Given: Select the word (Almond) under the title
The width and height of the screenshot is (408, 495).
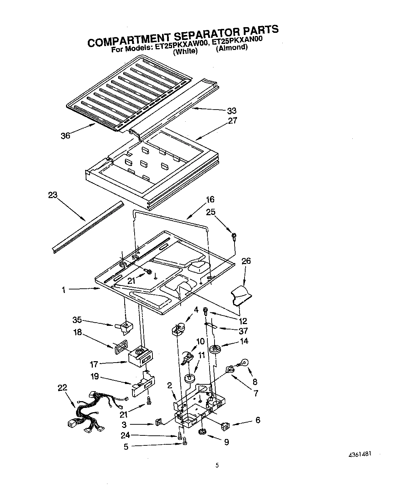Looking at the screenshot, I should coord(232,47).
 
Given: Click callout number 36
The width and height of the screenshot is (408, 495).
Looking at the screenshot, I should coord(65,136).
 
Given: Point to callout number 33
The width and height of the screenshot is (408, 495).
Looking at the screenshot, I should coord(232,111).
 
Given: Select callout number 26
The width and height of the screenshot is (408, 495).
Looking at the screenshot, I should coord(246,261).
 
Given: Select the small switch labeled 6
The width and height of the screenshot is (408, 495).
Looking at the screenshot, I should coord(225,426).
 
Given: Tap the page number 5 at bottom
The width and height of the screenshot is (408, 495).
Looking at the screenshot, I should coord(217,465).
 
